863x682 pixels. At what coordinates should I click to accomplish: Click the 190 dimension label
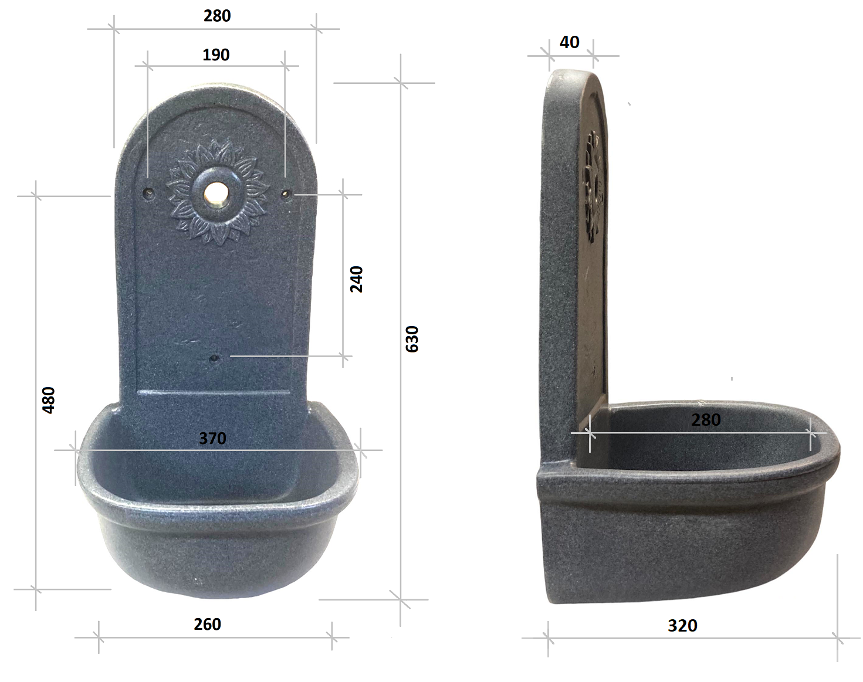click(x=216, y=55)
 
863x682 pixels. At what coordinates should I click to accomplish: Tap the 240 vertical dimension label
click(x=356, y=279)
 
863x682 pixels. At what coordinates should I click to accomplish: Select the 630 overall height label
click(x=412, y=339)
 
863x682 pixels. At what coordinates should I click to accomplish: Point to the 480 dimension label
click(x=49, y=400)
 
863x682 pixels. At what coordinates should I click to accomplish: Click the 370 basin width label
click(x=212, y=438)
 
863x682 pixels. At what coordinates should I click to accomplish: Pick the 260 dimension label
click(x=207, y=625)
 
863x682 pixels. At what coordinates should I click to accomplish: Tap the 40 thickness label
click(x=570, y=42)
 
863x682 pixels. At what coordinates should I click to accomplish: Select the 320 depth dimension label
click(x=682, y=626)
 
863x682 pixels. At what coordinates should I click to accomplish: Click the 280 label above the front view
click(x=217, y=16)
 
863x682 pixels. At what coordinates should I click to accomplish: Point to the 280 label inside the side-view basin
click(x=706, y=420)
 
